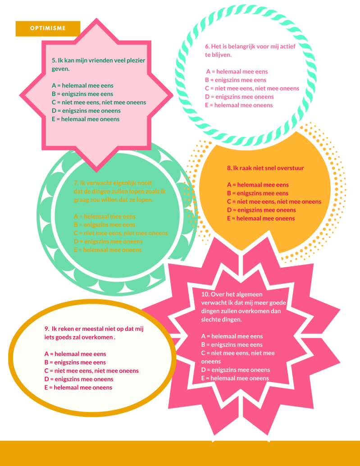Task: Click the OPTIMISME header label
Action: click(x=48, y=28)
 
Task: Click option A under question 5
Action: click(x=82, y=85)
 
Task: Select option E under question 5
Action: click(x=86, y=119)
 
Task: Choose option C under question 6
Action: click(x=252, y=88)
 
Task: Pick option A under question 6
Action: click(x=237, y=72)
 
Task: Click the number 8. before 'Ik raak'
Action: click(x=229, y=168)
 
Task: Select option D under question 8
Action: click(x=261, y=210)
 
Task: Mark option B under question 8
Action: click(x=258, y=193)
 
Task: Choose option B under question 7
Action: click(x=104, y=224)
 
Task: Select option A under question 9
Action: click(x=75, y=354)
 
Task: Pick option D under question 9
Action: click(x=78, y=379)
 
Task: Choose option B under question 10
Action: click(x=232, y=344)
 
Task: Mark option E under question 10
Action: click(x=235, y=378)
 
